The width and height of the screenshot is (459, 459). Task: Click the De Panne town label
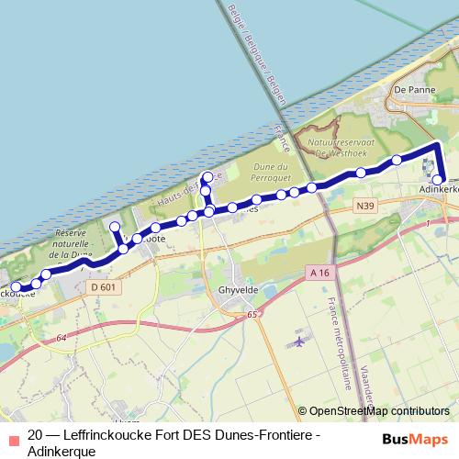click(411, 90)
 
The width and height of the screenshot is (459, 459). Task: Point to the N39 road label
click(364, 208)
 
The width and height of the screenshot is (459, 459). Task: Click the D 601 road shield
click(103, 287)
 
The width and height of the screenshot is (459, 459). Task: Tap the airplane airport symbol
click(298, 341)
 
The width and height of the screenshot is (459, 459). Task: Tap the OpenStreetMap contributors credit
click(379, 411)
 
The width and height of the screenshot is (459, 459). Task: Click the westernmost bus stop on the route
click(16, 287)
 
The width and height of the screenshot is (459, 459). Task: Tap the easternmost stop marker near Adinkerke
click(439, 180)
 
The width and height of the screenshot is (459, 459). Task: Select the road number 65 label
click(252, 314)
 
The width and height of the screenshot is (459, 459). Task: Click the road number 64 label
click(61, 339)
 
